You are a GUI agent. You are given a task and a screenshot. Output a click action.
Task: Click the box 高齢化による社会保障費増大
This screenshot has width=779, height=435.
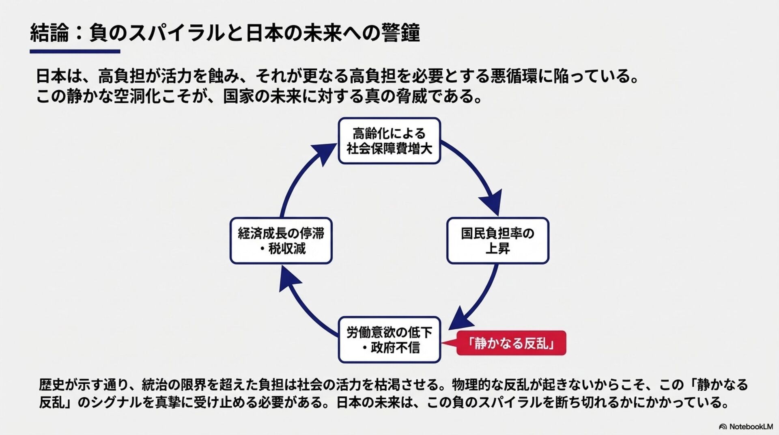pos(389,141)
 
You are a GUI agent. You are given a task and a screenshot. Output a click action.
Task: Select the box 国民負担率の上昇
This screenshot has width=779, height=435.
pos(497,241)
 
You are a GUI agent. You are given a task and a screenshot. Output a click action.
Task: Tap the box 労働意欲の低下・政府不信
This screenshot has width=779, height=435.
pos(389,340)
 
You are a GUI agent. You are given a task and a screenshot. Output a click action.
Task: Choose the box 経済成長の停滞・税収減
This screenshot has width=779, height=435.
pos(281,241)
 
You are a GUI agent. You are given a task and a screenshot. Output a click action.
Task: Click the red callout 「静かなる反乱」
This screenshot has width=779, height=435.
pos(511,343)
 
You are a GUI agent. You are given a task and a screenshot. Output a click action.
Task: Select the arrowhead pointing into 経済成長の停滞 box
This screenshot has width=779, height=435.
pos(288,280)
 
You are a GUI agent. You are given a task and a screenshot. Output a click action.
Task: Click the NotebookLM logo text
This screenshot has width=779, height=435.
pos(751,426)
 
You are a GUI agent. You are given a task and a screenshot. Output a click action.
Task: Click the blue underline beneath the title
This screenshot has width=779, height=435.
pos(75,52)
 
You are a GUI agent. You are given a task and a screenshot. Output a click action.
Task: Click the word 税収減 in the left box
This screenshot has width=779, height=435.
pos(287,248)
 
